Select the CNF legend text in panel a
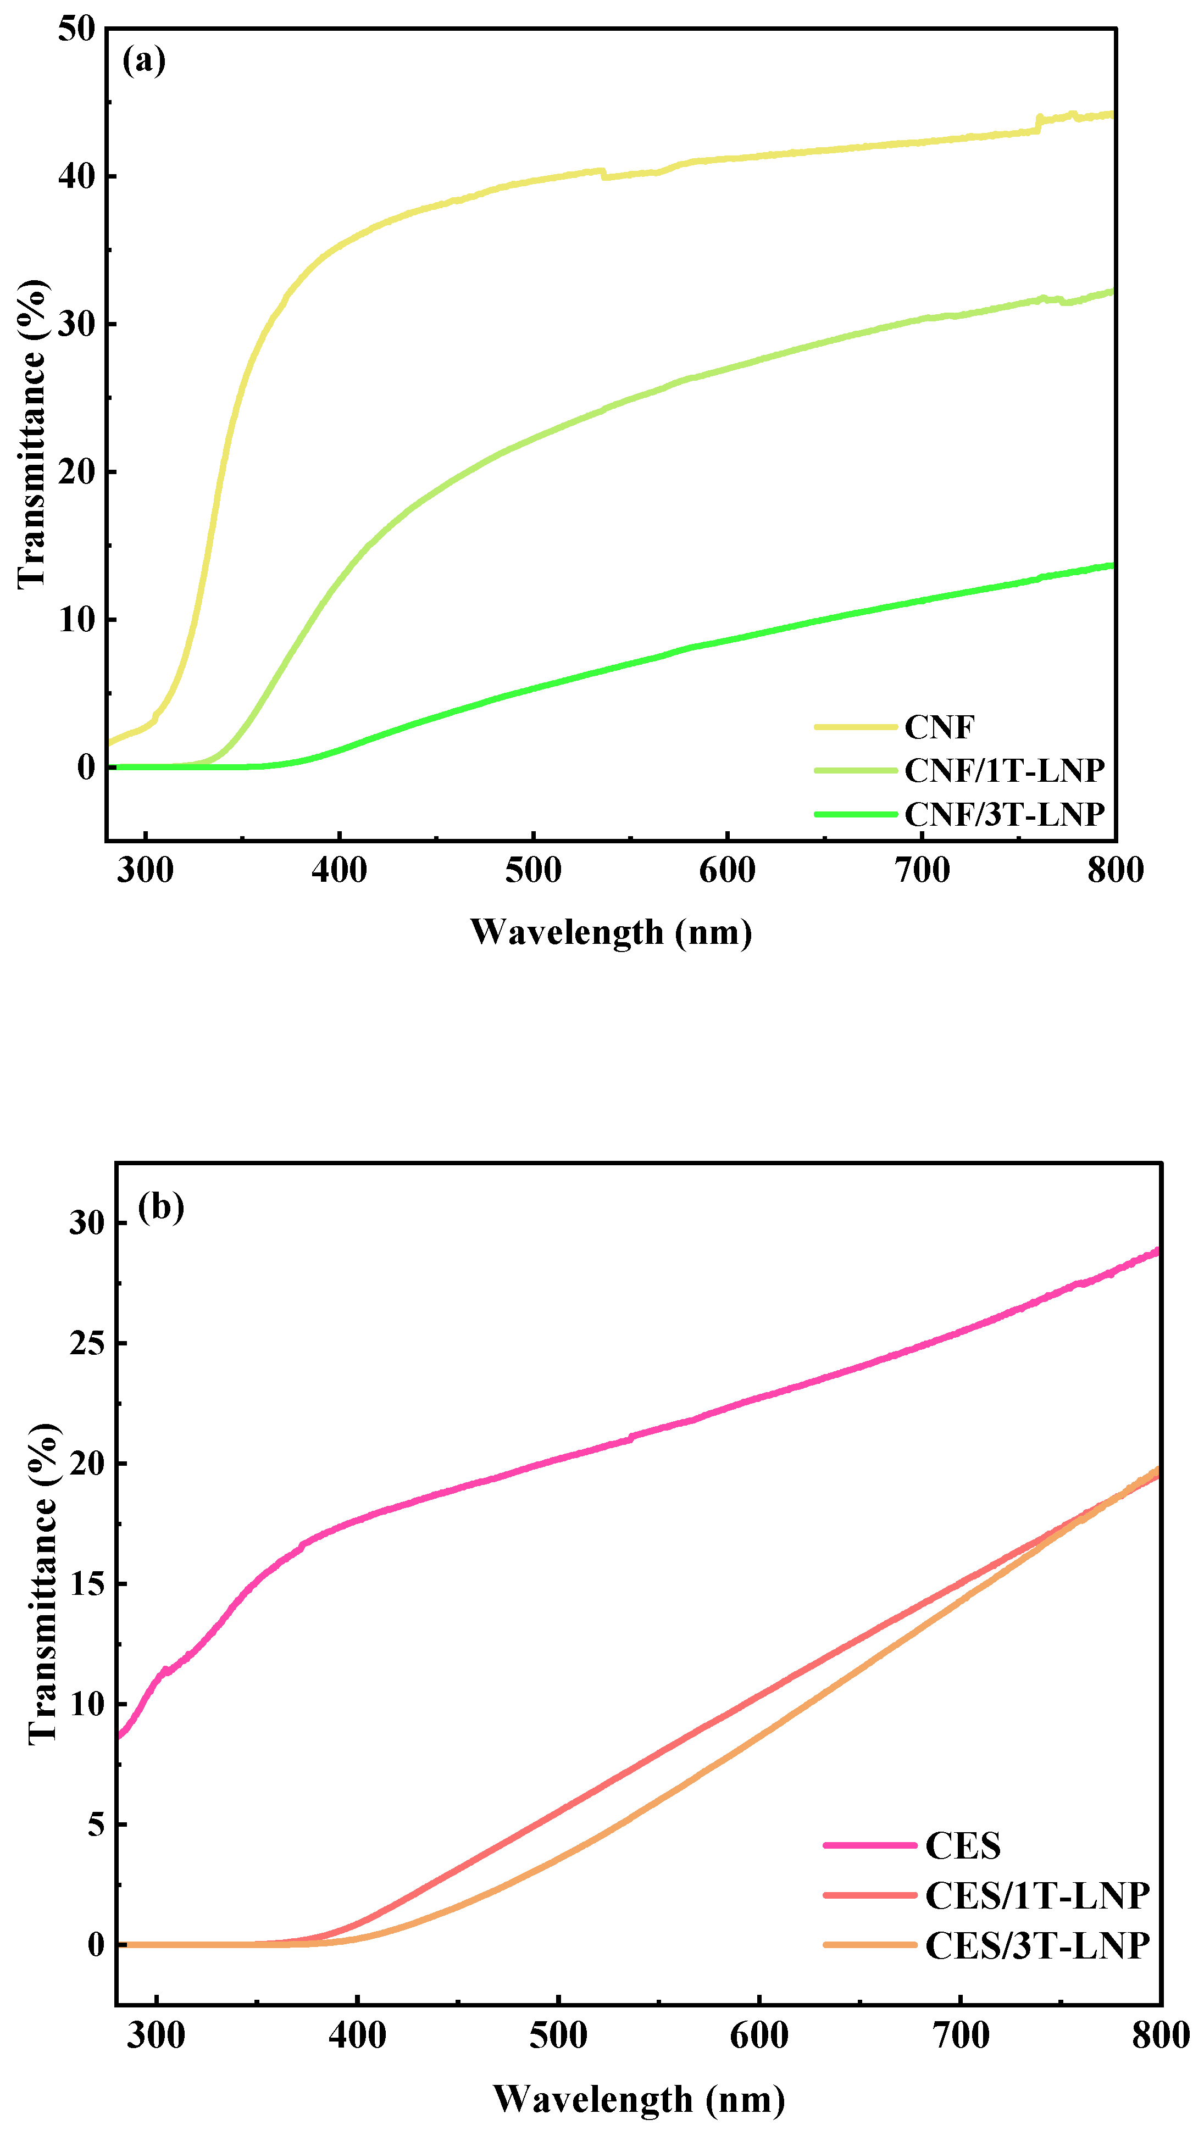point(939,727)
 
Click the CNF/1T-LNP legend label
point(1003,770)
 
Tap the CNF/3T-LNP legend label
point(1003,814)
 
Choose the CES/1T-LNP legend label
point(1036,1895)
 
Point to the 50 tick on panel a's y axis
point(77,30)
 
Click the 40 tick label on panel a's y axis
point(77,176)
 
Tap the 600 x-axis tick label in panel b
point(759,2035)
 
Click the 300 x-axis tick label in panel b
point(156,2035)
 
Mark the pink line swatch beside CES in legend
point(869,1846)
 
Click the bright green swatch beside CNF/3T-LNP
point(856,814)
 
